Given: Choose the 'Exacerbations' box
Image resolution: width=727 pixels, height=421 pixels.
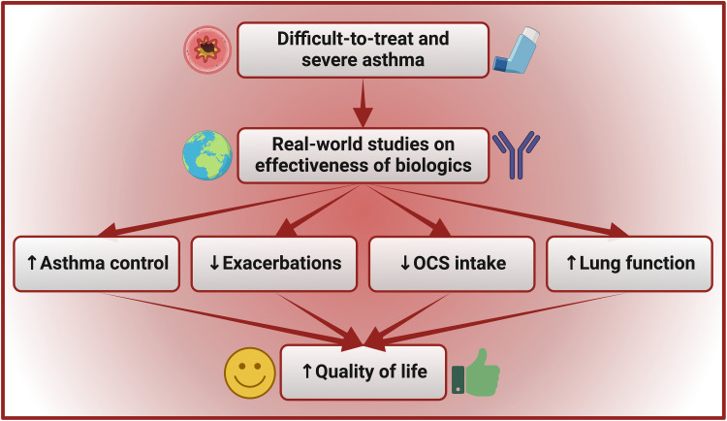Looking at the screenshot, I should coord(273,263).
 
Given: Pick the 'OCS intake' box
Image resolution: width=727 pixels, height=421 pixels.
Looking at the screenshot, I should coord(451,263).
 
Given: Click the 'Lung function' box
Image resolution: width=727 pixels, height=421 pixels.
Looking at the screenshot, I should coord(629,263).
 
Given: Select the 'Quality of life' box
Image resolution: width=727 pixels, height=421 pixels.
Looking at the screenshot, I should coord(363,372).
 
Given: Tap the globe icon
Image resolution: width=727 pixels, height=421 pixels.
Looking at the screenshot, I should coord(207,154).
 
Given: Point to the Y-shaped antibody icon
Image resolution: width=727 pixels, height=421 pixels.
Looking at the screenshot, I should coord(516,153).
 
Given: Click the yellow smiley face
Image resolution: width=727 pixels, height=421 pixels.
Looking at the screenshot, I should coord(249,372).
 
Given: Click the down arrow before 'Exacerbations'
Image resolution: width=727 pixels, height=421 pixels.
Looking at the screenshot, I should coord(212,264).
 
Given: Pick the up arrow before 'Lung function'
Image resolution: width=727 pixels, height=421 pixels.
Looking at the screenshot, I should coord(572,264).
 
